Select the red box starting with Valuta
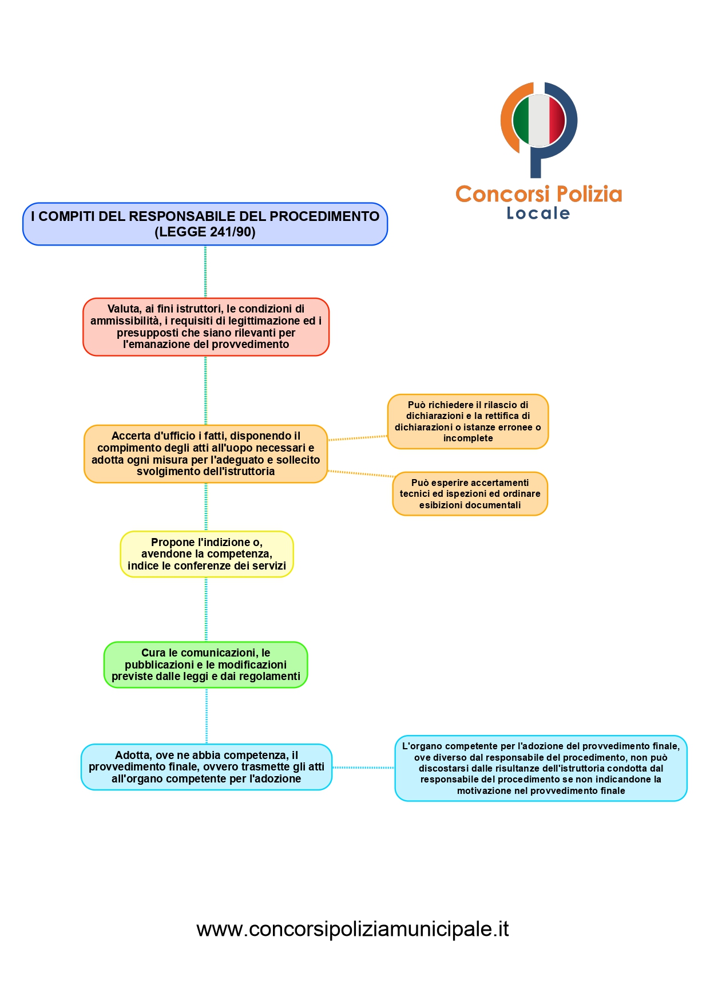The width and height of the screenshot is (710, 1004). point(206,327)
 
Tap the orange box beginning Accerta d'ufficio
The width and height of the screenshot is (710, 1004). point(205,454)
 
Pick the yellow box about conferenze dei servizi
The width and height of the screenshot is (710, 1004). point(207,554)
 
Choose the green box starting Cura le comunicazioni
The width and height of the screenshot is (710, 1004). point(205,665)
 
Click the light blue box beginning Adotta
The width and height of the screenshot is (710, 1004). point(206,767)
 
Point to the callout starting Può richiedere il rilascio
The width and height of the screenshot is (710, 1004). point(467,421)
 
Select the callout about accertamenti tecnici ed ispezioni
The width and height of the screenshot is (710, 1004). point(470,493)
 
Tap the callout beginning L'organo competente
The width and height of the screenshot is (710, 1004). point(541,768)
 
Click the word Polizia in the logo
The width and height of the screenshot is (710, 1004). point(589,194)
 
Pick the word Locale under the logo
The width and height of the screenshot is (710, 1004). point(538,214)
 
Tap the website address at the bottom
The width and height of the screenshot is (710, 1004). point(352,928)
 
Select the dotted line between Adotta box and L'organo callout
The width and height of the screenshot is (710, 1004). point(363,768)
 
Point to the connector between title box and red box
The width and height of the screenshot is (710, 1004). point(205,272)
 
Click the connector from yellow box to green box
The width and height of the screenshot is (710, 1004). point(206,609)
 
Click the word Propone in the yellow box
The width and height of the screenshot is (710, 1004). point(170,542)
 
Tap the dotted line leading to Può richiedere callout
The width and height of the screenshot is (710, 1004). point(358,438)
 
